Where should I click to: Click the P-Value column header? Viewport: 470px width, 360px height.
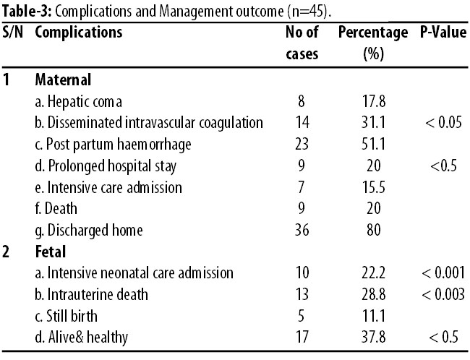point(443,32)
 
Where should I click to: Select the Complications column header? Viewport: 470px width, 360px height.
point(79,33)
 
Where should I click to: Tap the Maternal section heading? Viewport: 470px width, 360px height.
point(63,80)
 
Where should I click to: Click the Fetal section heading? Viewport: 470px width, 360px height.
point(51,252)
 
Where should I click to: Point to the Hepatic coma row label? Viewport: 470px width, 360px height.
point(79,101)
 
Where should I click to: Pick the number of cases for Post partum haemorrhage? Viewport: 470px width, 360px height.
point(302,144)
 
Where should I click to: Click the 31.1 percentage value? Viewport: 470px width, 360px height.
point(373,123)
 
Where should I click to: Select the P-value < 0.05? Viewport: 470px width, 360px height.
point(443,123)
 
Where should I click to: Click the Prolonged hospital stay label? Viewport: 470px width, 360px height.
point(106,166)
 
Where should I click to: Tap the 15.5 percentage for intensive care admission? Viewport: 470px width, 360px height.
point(373,187)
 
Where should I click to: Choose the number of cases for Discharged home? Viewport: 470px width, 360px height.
point(302,230)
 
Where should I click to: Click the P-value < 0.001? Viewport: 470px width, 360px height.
point(443,273)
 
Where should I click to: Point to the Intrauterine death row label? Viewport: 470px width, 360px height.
point(91,294)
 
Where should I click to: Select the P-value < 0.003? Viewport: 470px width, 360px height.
point(443,294)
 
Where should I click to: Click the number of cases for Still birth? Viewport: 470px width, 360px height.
point(302,316)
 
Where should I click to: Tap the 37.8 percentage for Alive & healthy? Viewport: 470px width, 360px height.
point(373,337)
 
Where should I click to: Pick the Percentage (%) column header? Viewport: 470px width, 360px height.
point(373,43)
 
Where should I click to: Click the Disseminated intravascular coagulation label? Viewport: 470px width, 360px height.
point(149,123)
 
